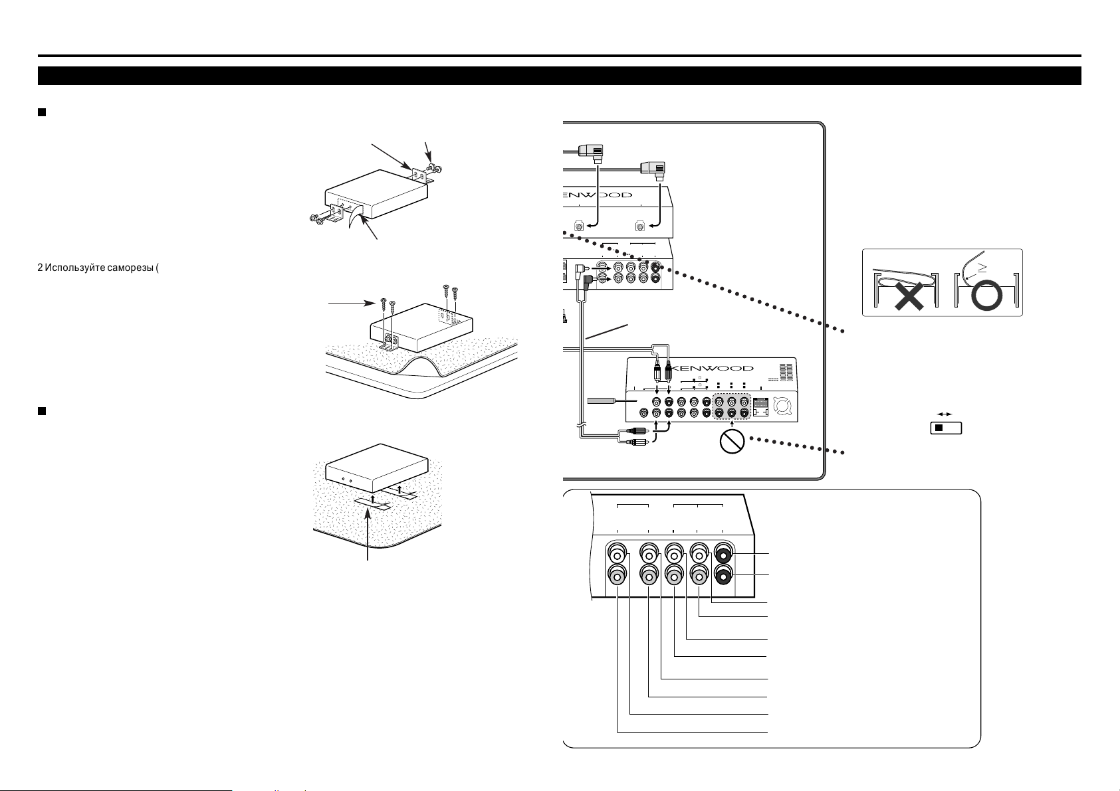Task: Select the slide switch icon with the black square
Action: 947,428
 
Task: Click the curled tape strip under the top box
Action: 357,221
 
